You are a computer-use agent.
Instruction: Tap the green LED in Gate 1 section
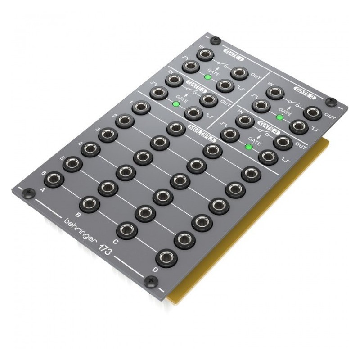pos(207,77)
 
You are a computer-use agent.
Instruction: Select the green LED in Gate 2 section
pos(280,117)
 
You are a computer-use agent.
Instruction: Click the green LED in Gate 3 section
pos(175,104)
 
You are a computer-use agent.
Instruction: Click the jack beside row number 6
pos(54,179)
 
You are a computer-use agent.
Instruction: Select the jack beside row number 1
pos(141,108)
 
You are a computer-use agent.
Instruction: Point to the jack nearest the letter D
pos(166,259)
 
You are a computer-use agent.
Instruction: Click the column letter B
pos(78,215)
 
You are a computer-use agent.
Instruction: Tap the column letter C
pos(115,241)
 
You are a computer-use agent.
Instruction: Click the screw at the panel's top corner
pos(218,40)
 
